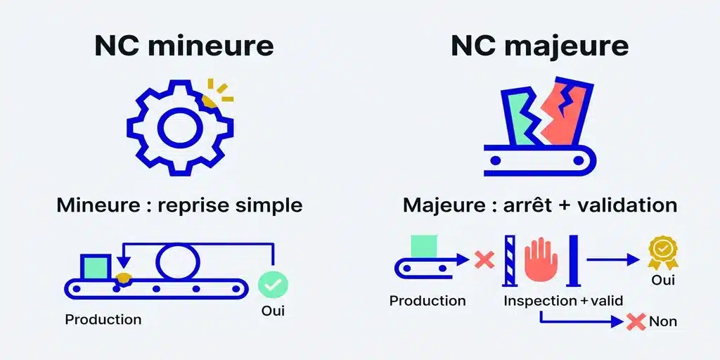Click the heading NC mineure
(184, 46)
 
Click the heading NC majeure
(539, 46)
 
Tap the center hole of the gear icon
(180, 128)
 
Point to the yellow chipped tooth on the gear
(210, 101)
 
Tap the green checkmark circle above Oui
(274, 285)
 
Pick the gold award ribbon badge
(663, 252)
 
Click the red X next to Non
(636, 321)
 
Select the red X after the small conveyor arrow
(484, 260)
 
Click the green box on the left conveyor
(95, 266)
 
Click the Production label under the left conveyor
(103, 319)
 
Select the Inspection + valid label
(563, 301)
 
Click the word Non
(663, 321)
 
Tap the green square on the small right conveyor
(424, 246)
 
